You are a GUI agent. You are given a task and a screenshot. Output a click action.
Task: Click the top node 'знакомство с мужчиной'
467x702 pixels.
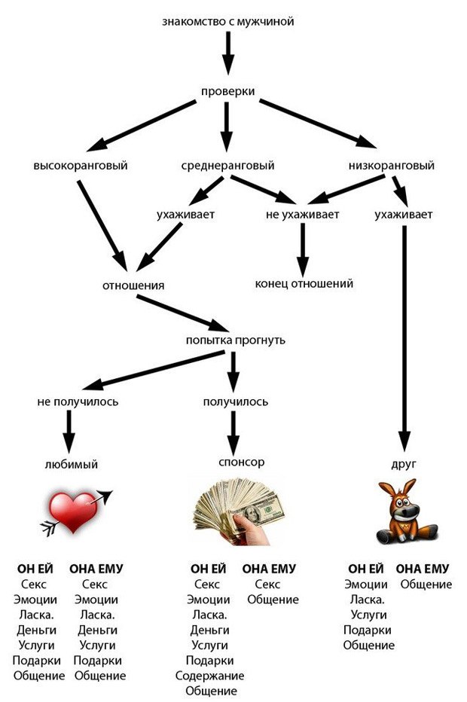click(228, 22)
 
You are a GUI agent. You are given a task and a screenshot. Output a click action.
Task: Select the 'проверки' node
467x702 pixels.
click(228, 91)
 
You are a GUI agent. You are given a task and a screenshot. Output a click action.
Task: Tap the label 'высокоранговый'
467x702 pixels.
click(81, 165)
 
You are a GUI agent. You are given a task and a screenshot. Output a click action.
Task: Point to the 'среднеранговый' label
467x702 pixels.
click(228, 165)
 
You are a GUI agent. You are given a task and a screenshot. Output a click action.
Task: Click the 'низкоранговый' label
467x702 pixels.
click(392, 165)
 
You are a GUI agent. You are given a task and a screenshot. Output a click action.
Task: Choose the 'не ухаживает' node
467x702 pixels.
click(302, 215)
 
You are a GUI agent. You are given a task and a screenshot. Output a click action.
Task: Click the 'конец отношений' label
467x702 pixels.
click(304, 283)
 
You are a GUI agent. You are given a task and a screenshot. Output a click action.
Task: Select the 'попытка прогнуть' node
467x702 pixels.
click(236, 340)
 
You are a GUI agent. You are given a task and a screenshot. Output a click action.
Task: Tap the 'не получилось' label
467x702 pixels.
click(78, 401)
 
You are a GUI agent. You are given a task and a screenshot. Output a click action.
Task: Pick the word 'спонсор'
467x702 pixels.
click(241, 462)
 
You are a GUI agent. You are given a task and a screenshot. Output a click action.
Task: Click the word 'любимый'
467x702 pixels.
click(72, 464)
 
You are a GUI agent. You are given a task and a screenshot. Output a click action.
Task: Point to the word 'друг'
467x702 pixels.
click(404, 464)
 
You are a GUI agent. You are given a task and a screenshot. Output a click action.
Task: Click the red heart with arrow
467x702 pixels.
click(77, 513)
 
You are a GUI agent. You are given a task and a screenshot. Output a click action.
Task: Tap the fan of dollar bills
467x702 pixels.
click(239, 511)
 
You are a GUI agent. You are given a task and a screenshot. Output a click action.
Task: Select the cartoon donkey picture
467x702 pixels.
click(405, 511)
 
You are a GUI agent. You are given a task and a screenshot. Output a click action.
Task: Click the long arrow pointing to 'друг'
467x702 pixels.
click(404, 338)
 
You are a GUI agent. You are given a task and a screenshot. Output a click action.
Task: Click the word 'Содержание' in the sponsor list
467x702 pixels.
click(209, 676)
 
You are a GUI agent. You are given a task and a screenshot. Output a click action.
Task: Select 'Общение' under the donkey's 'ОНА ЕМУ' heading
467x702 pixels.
click(426, 584)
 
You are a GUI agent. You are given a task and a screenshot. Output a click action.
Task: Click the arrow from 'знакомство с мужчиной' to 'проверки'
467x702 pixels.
click(228, 53)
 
